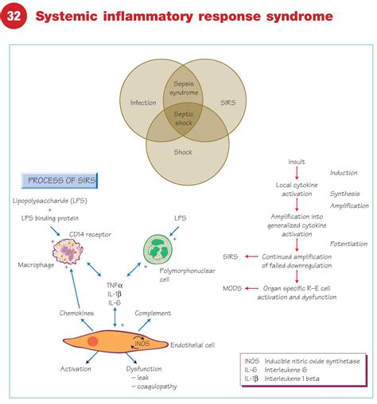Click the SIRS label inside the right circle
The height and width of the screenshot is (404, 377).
pos(227,102)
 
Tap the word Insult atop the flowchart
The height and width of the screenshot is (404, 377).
pos(297,161)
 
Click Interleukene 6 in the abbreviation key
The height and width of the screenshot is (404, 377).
pos(309,371)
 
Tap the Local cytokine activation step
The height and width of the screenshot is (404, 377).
pos(295,190)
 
